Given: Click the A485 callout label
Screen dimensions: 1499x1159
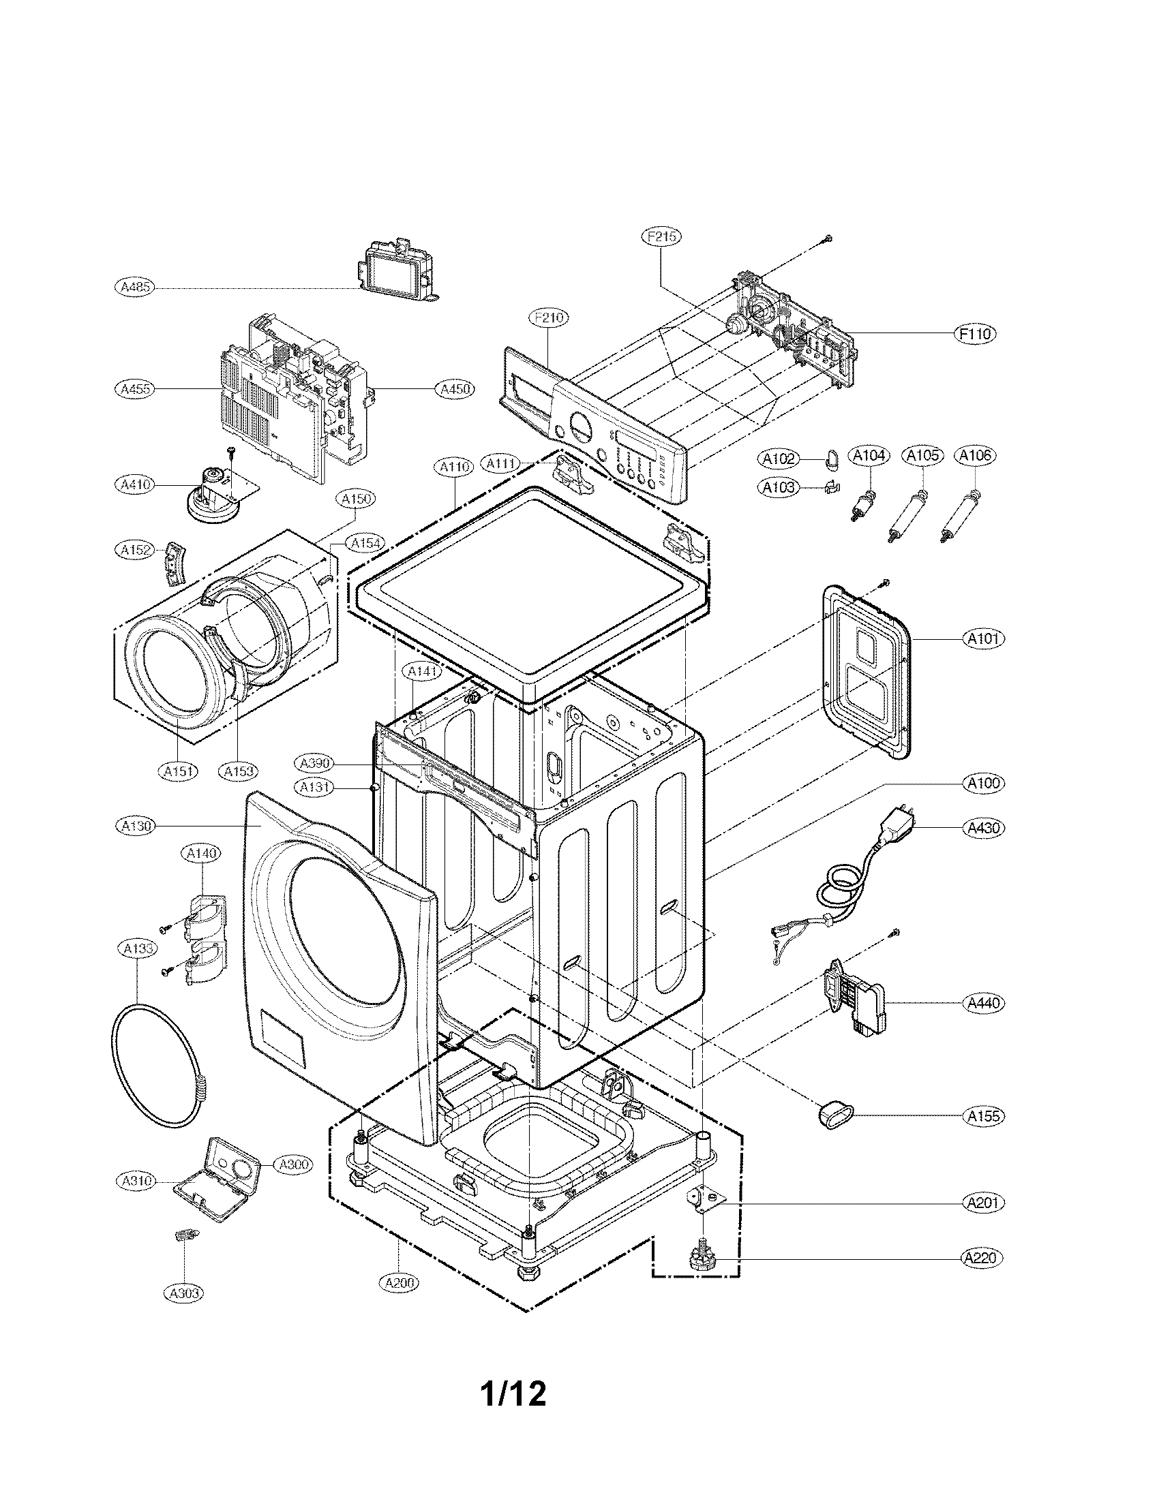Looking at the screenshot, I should (x=134, y=287).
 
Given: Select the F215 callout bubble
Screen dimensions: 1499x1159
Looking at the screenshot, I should (x=662, y=237).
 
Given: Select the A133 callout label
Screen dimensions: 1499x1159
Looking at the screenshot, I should (x=136, y=948).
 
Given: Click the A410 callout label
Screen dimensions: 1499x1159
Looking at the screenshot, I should (x=134, y=484).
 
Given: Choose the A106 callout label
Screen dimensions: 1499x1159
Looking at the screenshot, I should (x=976, y=455).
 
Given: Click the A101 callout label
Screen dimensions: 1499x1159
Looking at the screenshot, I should (x=984, y=639).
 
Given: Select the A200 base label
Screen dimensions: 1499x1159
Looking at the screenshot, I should (x=399, y=1282).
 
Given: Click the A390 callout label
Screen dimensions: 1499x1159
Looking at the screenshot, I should (x=316, y=762).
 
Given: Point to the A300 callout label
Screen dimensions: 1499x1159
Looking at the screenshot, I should (x=293, y=1164).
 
